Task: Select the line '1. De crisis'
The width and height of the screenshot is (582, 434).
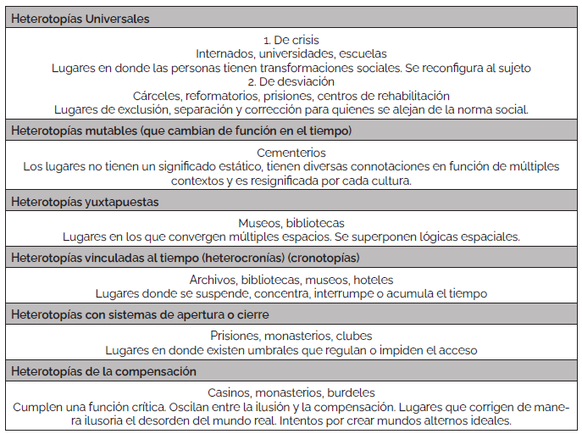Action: [x=291, y=40]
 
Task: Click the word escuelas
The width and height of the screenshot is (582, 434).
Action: [x=363, y=53]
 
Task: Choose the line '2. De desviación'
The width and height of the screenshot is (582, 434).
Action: [x=291, y=81]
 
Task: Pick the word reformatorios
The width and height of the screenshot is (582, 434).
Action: [x=227, y=96]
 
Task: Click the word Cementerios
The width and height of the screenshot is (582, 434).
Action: [x=291, y=153]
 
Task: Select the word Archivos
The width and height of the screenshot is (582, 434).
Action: [x=213, y=280]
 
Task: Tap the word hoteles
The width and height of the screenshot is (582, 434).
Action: [x=373, y=280]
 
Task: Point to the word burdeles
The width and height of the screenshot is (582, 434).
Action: [x=350, y=392]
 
